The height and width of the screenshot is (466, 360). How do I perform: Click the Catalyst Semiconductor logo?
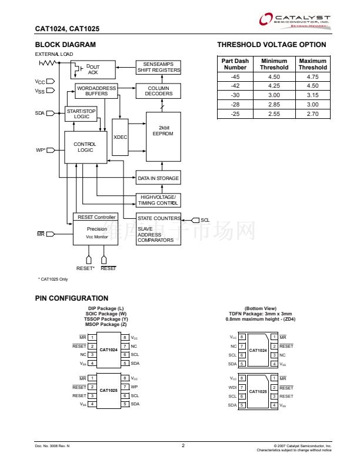point(295,21)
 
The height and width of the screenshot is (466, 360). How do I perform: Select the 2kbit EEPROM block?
point(163,131)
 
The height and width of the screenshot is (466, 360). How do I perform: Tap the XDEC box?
point(120,137)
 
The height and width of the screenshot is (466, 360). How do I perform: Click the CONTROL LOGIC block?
point(85,147)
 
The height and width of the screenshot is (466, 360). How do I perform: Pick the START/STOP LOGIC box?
point(81,114)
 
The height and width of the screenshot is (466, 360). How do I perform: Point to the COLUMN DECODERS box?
point(159,91)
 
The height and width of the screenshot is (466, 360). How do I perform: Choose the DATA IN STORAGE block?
point(158,178)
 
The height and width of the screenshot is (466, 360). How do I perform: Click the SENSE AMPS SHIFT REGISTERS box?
point(159,67)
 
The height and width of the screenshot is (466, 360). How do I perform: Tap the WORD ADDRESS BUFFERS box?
point(96,91)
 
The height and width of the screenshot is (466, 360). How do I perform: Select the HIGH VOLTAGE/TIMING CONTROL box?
point(158,199)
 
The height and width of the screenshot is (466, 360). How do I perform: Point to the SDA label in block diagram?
point(39,113)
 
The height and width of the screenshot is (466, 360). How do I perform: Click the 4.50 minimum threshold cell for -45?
point(274,77)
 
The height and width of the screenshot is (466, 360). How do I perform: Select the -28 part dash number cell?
point(235,104)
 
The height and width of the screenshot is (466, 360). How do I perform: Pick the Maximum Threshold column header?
point(312,64)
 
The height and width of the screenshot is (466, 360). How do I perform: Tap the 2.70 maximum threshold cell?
point(312,114)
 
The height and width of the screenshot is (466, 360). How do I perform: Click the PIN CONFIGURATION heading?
point(72,298)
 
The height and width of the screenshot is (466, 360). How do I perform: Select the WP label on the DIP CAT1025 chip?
point(134,387)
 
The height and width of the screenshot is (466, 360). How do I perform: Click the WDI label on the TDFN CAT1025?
point(232,387)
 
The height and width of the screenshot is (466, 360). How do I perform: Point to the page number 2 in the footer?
point(183,445)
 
